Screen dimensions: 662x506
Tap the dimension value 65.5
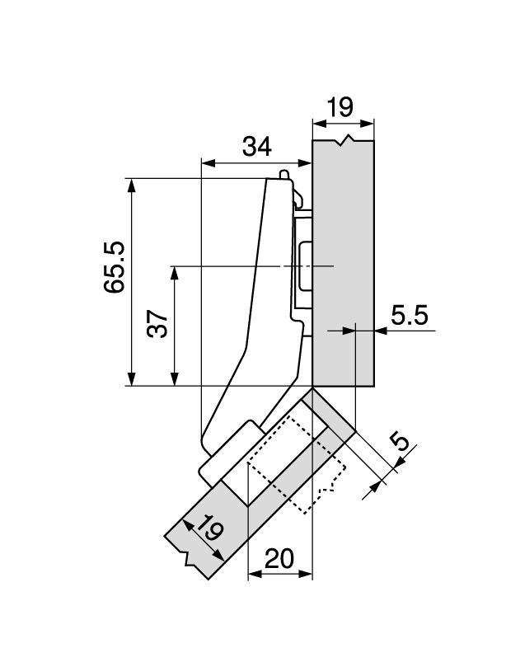113,267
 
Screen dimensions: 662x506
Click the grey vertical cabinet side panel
344,264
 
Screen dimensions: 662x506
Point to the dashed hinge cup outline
293,466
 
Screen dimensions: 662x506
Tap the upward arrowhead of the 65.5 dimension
129,183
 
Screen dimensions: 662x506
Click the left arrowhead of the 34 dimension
207,162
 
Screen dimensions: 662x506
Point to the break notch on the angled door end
194,562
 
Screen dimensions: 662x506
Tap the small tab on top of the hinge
284,175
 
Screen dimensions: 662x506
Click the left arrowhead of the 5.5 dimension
349,331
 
